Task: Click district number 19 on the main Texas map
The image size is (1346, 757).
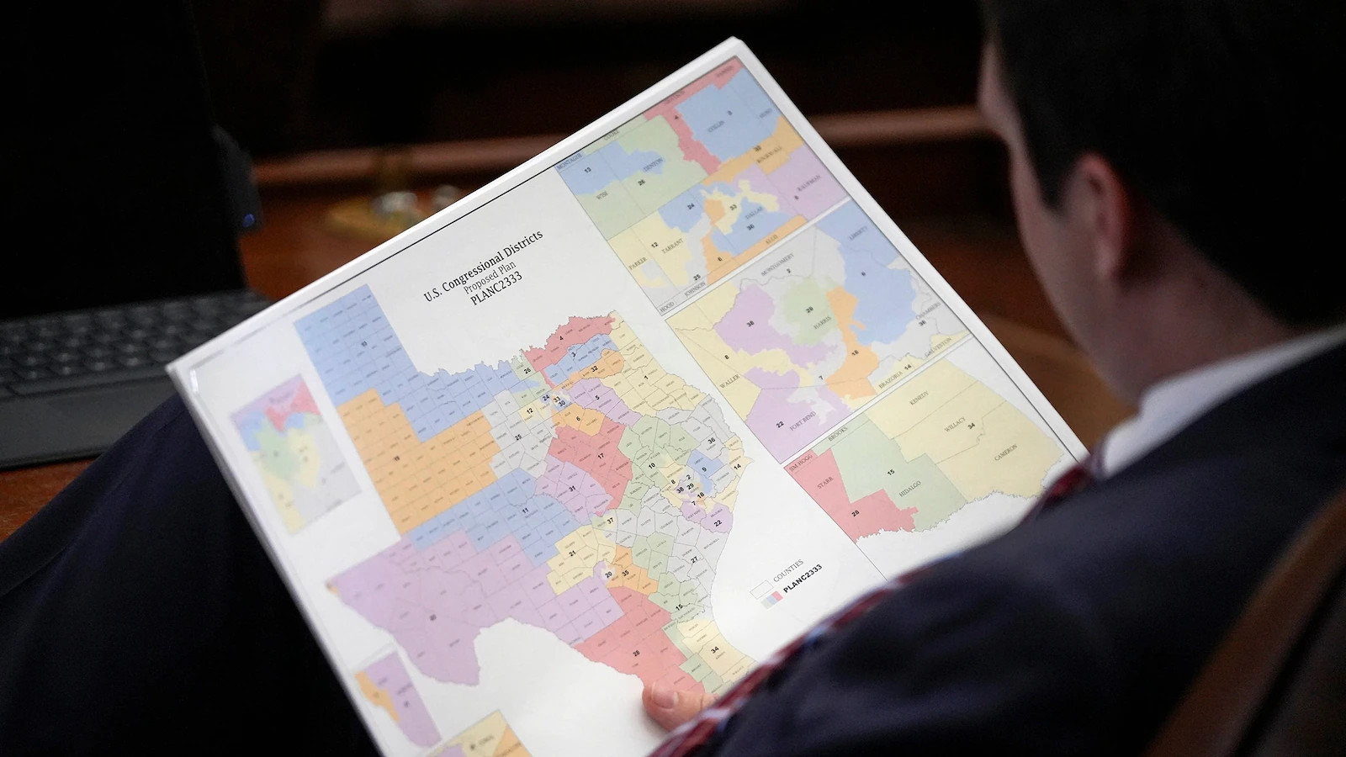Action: (395, 457)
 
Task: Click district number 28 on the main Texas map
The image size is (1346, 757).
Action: (636, 652)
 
